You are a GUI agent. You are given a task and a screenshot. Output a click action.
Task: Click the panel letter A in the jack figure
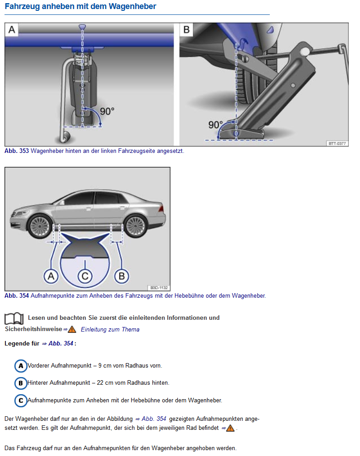coord(12,30)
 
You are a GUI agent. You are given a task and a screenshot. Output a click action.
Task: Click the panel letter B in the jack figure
coord(186,30)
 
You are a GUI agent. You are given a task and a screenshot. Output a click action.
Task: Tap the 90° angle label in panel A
coord(107,111)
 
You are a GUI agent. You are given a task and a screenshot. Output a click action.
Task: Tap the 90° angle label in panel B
coord(216,125)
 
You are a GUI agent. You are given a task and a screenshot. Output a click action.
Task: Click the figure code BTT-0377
coord(337,143)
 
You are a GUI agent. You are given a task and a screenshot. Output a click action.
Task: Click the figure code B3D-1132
coord(159,288)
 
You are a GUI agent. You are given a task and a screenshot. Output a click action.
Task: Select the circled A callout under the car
coord(51,276)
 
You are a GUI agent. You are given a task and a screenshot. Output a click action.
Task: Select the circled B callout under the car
coord(121,276)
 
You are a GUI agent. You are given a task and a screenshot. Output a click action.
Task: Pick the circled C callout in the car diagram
coord(85,276)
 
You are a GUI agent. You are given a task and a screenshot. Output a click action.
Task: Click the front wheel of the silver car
coord(40,226)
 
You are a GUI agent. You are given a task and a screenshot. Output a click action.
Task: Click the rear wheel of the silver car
coord(135,226)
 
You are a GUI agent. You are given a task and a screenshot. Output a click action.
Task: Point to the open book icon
coord(14,319)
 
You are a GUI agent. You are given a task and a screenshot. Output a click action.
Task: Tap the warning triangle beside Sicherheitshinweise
coord(72,330)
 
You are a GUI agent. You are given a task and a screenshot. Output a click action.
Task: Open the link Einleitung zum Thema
coord(110,330)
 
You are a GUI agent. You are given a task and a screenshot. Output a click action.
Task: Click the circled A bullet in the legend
coord(21,366)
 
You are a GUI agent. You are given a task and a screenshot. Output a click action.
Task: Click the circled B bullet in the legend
coord(21,383)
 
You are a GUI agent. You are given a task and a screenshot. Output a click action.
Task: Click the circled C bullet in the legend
coord(21,401)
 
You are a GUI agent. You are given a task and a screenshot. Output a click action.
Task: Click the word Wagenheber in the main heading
coord(132,6)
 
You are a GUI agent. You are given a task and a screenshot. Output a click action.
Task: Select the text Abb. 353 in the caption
coord(17,151)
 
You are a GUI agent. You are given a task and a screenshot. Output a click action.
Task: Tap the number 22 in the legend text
coord(100,383)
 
